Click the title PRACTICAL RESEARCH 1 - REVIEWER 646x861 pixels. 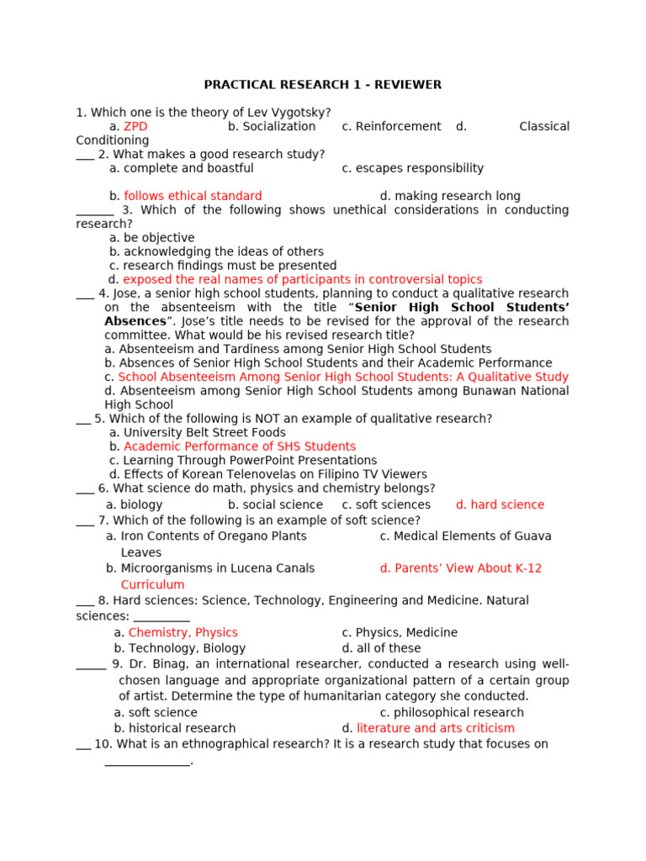tap(323, 85)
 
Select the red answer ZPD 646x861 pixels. tap(135, 127)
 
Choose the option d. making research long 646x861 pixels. tap(450, 197)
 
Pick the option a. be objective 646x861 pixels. tap(151, 238)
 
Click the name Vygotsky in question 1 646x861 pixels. tap(300, 113)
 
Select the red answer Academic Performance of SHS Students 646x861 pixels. tap(240, 446)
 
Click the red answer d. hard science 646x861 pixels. tap(500, 505)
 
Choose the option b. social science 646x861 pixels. tap(275, 505)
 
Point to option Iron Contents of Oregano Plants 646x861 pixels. tap(214, 536)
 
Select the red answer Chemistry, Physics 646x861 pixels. tap(183, 633)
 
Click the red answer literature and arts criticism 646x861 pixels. tap(435, 728)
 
